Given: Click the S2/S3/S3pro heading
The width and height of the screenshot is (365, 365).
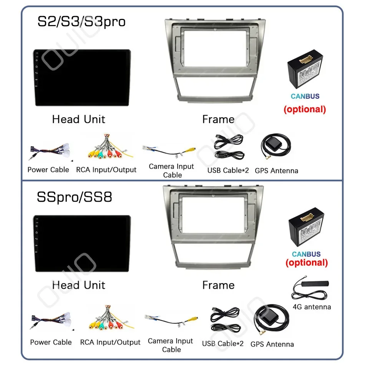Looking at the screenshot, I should pyautogui.click(x=81, y=22).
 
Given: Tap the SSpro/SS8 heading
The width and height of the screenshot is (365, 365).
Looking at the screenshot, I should pyautogui.click(x=75, y=197).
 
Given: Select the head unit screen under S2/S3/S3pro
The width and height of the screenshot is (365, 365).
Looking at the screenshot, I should pyautogui.click(x=81, y=78).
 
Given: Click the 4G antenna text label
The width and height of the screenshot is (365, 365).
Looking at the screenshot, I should pyautogui.click(x=312, y=307).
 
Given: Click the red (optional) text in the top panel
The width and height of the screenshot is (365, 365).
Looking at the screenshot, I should pyautogui.click(x=305, y=109).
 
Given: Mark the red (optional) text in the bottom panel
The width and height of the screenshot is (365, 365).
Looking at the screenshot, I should pyautogui.click(x=307, y=263).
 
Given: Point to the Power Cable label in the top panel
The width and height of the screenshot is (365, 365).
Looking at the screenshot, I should pyautogui.click(x=48, y=170).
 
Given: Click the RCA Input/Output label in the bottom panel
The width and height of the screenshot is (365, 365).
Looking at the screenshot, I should pyautogui.click(x=110, y=342).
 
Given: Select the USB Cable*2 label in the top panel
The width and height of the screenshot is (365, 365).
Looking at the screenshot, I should pyautogui.click(x=228, y=170).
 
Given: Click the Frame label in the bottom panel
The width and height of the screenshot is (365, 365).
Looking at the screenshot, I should pyautogui.click(x=218, y=285).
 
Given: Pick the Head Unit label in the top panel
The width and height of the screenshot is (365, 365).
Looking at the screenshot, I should pyautogui.click(x=78, y=119).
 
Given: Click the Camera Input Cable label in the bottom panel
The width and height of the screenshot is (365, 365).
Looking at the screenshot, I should pyautogui.click(x=171, y=345).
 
